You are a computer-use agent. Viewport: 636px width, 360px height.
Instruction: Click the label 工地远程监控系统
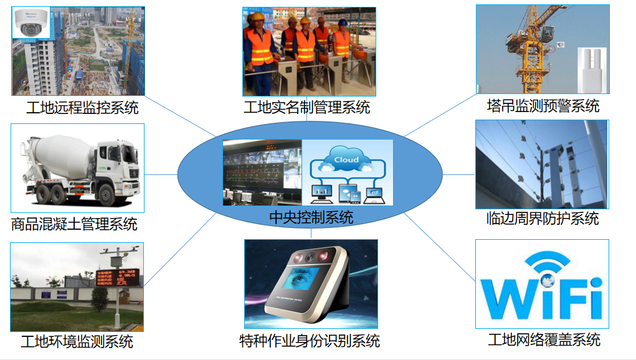82,108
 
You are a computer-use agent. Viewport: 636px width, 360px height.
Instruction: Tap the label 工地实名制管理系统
306,107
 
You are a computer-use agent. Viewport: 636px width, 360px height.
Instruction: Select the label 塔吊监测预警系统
543,106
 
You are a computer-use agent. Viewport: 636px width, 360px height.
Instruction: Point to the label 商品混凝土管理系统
74,224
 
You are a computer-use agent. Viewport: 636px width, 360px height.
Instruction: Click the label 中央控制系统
311,217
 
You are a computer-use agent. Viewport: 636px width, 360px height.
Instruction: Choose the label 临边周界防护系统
542,219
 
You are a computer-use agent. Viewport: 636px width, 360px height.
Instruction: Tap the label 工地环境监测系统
77,341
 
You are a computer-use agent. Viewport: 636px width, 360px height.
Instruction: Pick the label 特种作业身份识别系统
310,341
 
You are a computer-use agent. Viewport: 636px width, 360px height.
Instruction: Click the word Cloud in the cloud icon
346,159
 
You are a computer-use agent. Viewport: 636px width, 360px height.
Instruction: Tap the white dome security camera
31,25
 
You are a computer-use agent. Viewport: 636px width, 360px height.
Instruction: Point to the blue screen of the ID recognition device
303,280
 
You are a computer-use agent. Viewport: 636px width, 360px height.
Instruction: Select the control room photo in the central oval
262,173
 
